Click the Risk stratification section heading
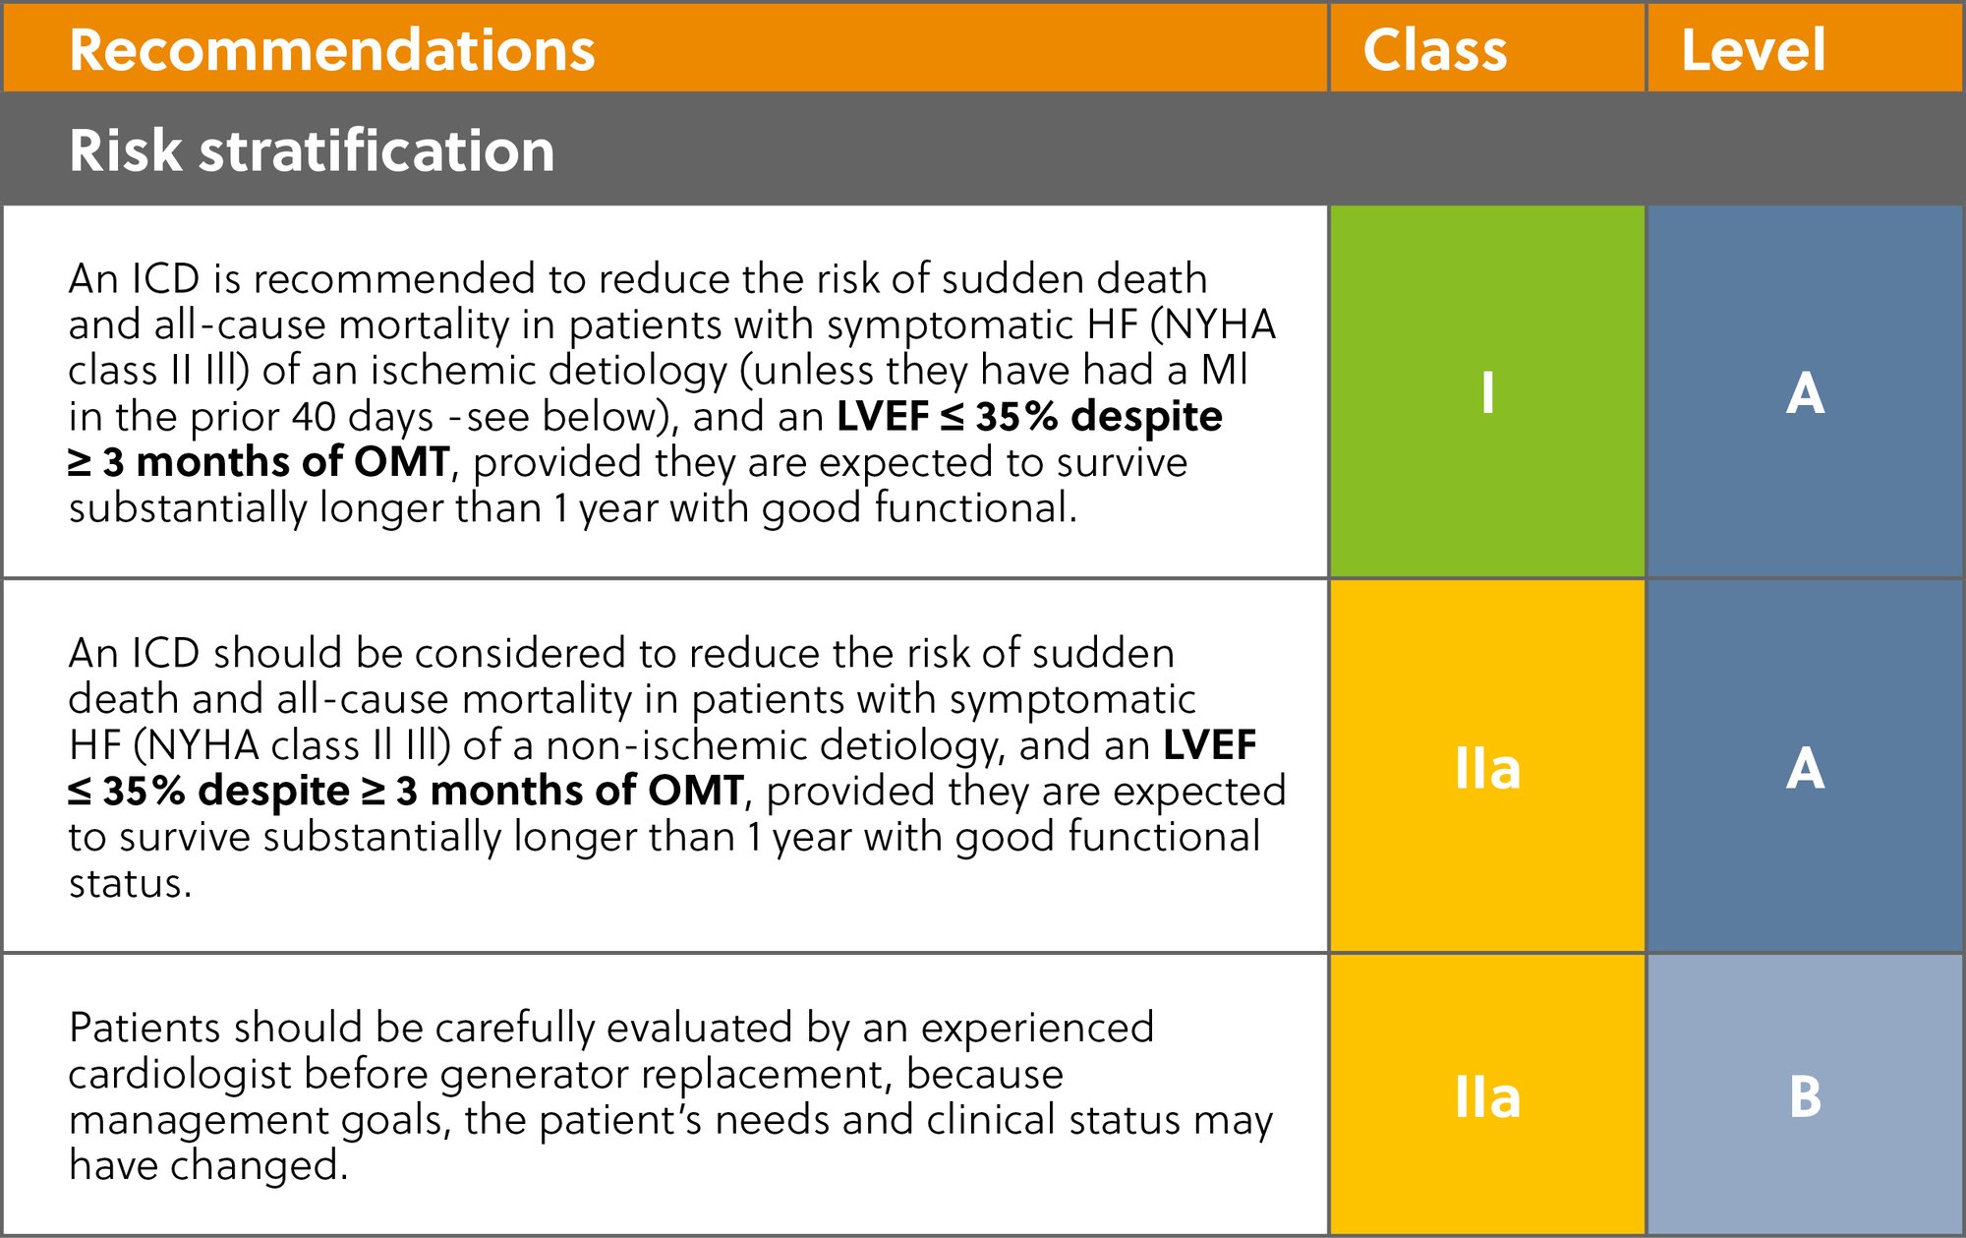point(312,150)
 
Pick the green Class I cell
point(1487,392)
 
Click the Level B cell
point(1805,1096)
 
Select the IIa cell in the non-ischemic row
point(1487,768)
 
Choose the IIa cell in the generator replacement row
point(1487,1096)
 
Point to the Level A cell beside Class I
point(1805,392)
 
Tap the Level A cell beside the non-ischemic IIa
point(1805,768)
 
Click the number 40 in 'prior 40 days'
point(314,417)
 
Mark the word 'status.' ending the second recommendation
point(130,883)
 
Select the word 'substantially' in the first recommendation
point(187,508)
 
